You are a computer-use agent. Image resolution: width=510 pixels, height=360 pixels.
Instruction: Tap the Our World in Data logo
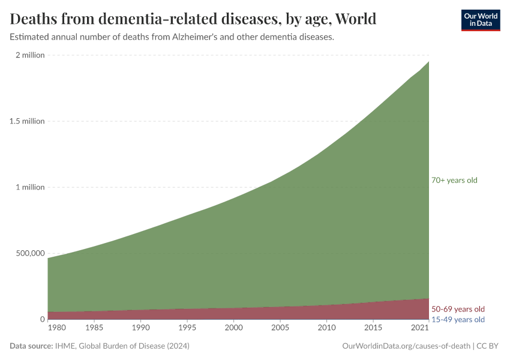(x=480, y=20)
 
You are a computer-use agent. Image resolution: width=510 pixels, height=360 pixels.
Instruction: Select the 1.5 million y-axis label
(x=26, y=121)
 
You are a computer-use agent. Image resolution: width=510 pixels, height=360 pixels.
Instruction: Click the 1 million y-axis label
(x=29, y=187)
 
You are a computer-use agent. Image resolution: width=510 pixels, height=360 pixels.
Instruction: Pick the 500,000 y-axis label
(x=28, y=253)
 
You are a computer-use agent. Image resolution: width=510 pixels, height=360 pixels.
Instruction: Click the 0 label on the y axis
(x=42, y=319)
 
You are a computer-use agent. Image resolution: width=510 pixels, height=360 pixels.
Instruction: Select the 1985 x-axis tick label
(x=94, y=328)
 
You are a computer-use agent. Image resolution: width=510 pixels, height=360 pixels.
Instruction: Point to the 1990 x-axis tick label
(x=140, y=328)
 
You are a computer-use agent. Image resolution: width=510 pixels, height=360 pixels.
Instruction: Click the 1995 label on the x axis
(x=187, y=328)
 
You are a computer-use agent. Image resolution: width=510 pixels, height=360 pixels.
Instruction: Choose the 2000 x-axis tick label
(x=233, y=328)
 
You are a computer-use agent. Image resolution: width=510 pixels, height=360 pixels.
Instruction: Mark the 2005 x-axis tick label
(x=280, y=328)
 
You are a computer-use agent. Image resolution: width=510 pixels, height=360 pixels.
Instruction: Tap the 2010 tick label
(x=326, y=328)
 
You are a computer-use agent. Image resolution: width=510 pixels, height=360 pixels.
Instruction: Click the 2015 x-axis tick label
(x=373, y=328)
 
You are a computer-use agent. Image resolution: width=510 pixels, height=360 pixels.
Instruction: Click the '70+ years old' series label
(x=454, y=181)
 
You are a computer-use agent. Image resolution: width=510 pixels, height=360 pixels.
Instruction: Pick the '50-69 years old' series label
(x=458, y=309)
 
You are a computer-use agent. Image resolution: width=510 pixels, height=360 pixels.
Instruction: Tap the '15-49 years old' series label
(x=458, y=319)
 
